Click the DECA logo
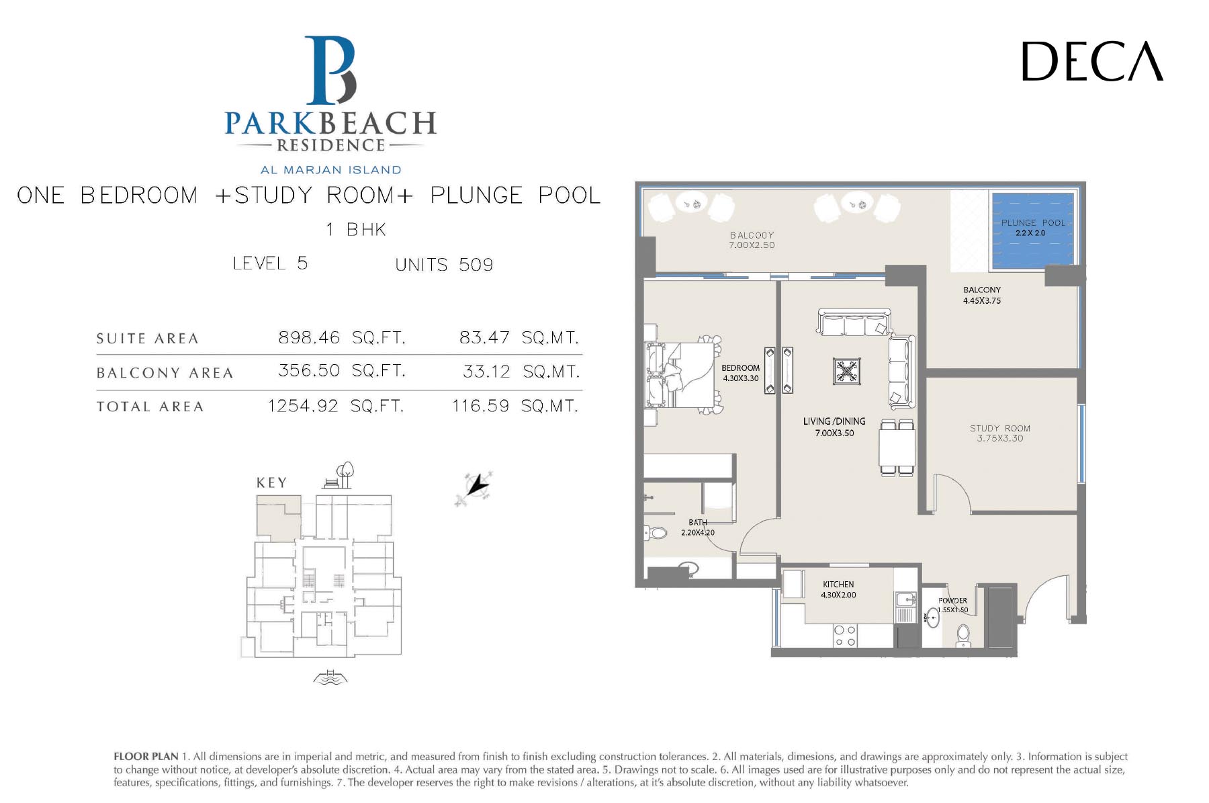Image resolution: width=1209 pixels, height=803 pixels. click(x=1092, y=61)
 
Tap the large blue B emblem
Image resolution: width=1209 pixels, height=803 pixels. click(x=330, y=70)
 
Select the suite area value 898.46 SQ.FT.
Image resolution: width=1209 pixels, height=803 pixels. click(x=342, y=337)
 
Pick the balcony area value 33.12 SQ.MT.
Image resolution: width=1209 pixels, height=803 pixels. click(x=521, y=372)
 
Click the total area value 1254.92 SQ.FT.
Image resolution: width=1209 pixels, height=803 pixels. click(x=336, y=406)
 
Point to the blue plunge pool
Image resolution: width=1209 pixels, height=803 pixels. click(x=1033, y=229)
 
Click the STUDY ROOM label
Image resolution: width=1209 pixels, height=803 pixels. click(x=1000, y=428)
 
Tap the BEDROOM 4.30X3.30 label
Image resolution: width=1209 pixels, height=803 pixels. click(x=741, y=373)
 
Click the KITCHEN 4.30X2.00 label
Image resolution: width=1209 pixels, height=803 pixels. click(x=838, y=589)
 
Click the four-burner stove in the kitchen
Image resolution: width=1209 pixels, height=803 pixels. click(x=844, y=636)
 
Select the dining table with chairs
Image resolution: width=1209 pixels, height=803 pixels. click(x=897, y=448)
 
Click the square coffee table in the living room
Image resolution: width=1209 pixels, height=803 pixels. click(x=847, y=371)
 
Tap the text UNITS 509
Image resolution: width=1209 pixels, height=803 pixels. click(x=444, y=265)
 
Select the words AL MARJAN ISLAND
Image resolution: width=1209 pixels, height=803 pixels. click(x=331, y=170)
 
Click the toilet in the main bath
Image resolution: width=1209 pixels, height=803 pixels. click(x=656, y=533)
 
